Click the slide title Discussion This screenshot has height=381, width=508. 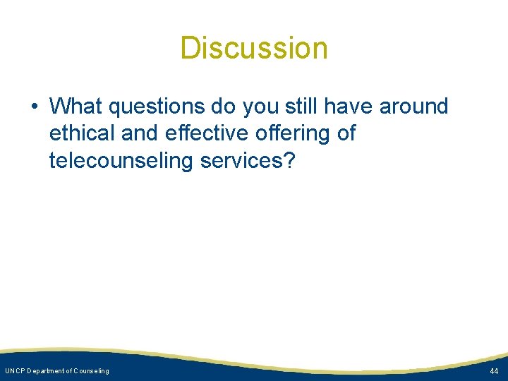[254, 49]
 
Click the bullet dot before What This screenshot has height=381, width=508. [34, 107]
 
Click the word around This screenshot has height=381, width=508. [413, 107]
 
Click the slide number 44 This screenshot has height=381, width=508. [493, 371]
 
